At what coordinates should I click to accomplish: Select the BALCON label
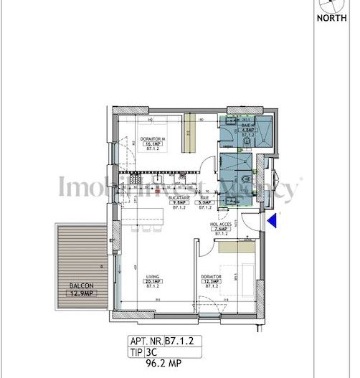[x=80, y=285]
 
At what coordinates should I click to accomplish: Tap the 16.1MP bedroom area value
[x=153, y=143]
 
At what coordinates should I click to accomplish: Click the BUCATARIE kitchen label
[x=178, y=197]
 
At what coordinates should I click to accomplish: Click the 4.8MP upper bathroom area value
[x=249, y=128]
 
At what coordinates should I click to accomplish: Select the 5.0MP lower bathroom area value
[x=205, y=203]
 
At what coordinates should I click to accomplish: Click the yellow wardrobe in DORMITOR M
[x=190, y=132]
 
